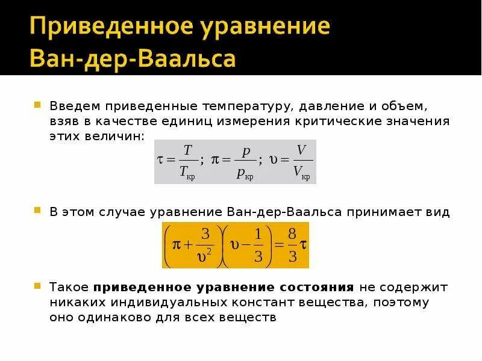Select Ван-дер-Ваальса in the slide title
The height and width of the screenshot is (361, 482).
(133, 59)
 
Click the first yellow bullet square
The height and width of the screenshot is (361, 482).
(37, 105)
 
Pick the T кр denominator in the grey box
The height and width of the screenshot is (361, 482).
(187, 173)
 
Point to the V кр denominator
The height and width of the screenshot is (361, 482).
(301, 173)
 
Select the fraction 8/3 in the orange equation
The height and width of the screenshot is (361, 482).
(292, 245)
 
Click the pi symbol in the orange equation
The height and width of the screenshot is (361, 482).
(176, 244)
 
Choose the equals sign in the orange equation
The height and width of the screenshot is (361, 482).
(277, 245)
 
